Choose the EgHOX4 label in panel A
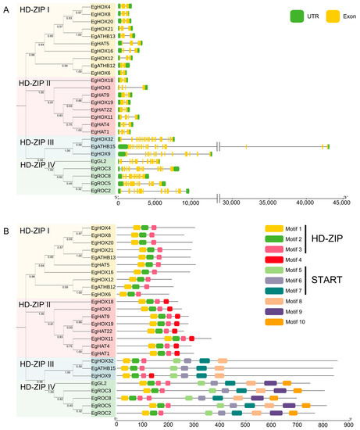(103, 6)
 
